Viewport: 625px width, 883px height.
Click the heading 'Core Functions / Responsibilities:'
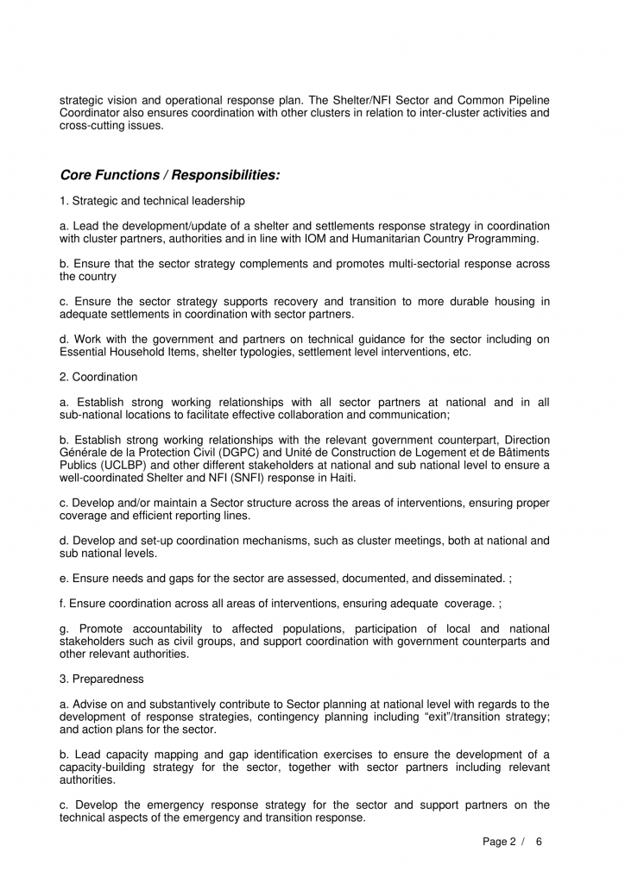(169, 175)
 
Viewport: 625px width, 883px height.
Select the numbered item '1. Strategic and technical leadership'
(146, 201)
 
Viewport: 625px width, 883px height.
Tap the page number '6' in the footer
(540, 842)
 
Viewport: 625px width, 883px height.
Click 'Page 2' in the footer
(498, 842)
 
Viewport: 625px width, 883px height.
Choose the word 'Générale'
(83, 453)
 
